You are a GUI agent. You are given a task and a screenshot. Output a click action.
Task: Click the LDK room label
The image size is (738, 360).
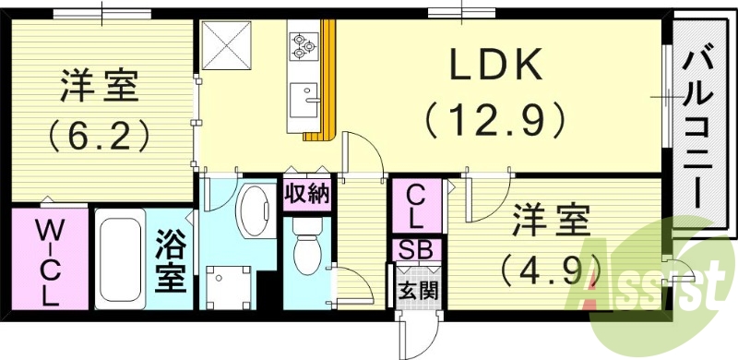[x=496, y=66]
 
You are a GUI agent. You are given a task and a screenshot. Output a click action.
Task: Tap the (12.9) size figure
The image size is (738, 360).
[x=495, y=117]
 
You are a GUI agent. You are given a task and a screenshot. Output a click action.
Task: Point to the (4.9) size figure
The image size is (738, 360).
[x=552, y=269]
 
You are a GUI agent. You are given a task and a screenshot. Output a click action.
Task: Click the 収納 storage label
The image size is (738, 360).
[x=306, y=195]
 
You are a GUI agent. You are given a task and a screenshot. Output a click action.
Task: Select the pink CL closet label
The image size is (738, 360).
[x=415, y=208]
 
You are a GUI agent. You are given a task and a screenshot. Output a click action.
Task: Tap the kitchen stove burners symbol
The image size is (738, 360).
[x=304, y=43]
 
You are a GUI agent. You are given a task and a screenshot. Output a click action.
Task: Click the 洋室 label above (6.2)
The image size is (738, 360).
[x=99, y=89]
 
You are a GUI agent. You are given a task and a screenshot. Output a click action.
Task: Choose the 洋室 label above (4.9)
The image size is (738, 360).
[x=552, y=222]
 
